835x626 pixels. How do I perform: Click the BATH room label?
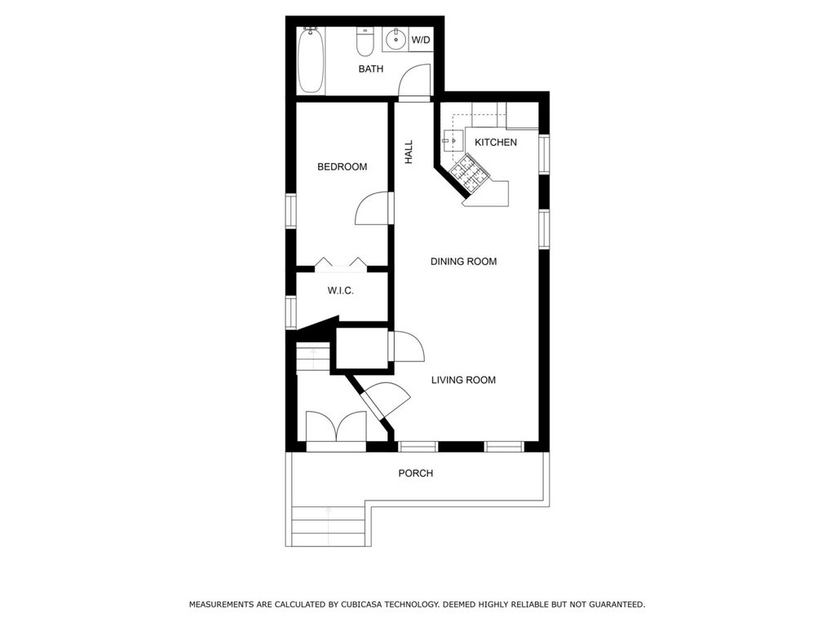371,68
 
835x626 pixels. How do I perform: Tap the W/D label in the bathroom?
421,40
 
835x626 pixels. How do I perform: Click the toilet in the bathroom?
364,42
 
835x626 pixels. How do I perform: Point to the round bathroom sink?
395,39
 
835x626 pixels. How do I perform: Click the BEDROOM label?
342,166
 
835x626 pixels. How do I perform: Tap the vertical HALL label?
409,152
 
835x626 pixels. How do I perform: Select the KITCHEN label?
496,142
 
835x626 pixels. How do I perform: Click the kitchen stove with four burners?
469,174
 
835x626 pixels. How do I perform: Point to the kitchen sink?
453,141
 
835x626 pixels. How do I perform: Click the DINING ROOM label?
463,262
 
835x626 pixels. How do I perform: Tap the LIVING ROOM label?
463,380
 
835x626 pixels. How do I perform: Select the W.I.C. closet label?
340,291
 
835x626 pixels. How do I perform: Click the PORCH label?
415,474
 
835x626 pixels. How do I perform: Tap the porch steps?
328,526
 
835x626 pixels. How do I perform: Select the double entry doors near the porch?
335,425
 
